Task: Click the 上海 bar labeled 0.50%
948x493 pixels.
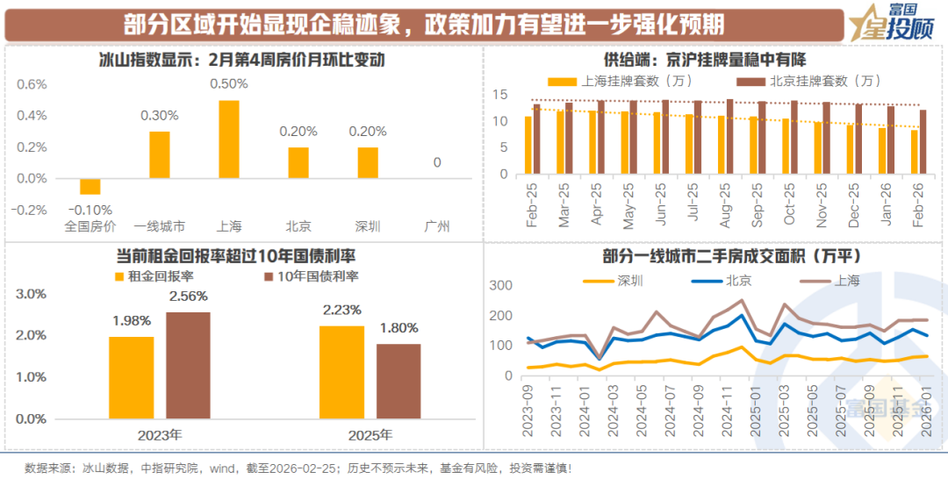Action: [x=229, y=139]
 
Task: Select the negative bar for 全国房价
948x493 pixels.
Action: [x=90, y=186]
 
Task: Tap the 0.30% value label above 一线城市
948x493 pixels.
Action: [x=160, y=115]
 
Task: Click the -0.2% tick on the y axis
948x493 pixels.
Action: [x=32, y=210]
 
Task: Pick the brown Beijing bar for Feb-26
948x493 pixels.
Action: [x=923, y=141]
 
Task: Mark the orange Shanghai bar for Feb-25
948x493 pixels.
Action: [x=528, y=145]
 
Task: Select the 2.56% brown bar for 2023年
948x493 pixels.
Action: [x=188, y=365]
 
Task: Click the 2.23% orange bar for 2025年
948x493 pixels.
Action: [x=341, y=372]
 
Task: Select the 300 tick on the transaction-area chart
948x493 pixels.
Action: [x=499, y=286]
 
